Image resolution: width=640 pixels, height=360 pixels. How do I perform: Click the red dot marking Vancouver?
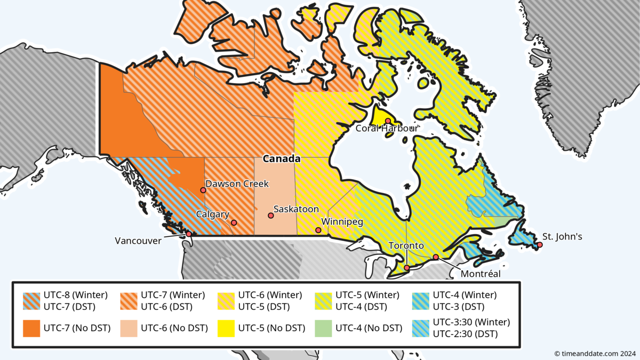coord(189,234)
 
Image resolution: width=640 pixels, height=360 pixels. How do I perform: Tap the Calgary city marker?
coord(234,223)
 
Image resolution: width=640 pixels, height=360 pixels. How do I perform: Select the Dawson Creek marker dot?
coord(203,190)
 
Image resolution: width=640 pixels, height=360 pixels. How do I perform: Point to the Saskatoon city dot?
coord(271,215)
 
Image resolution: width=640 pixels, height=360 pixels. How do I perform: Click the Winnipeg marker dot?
coord(318,230)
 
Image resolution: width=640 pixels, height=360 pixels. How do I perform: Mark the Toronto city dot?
coord(407,268)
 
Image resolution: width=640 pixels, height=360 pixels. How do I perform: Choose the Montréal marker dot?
coord(436,257)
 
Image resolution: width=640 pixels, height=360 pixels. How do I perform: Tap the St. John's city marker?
coord(540,245)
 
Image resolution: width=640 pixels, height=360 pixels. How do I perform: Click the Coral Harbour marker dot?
coord(388,121)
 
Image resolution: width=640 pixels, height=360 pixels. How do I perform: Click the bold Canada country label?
coord(282,159)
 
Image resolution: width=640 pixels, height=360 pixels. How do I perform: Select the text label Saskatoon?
coord(296,210)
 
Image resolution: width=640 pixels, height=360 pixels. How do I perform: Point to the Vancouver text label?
coord(138,241)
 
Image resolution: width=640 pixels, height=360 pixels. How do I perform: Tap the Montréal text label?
coord(481,274)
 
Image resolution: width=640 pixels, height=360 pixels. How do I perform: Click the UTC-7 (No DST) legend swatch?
coord(31,328)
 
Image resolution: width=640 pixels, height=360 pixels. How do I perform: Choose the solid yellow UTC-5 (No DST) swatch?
coord(226,328)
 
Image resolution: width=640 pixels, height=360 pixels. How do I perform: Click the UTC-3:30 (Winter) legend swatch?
coord(421,328)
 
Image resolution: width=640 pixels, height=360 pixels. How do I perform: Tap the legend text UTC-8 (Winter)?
coord(76,295)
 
